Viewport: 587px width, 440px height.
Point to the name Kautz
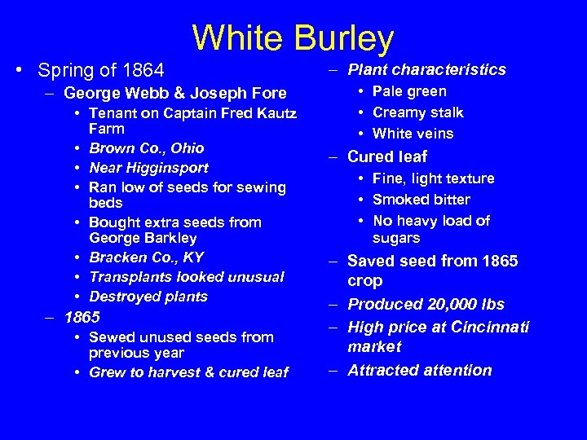pyautogui.click(x=275, y=113)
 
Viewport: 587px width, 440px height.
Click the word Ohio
pyautogui.click(x=187, y=148)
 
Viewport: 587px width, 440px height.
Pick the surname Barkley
pyautogui.click(x=174, y=238)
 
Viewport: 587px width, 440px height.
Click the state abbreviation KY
pyautogui.click(x=193, y=257)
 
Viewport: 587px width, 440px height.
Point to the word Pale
pyautogui.click(x=387, y=91)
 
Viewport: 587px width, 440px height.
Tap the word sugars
pyautogui.click(x=396, y=238)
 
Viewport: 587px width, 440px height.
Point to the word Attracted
pyautogui.click(x=383, y=370)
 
